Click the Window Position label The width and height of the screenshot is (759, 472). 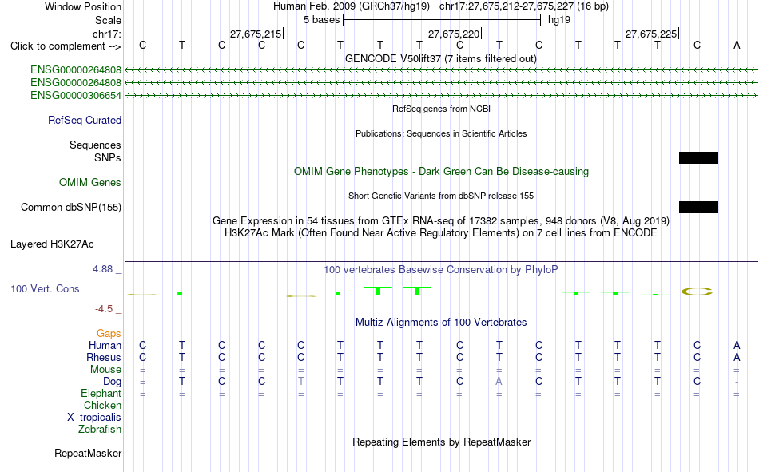tap(83, 6)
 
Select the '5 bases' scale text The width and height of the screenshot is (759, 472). tap(321, 20)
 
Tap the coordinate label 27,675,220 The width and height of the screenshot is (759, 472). tap(454, 34)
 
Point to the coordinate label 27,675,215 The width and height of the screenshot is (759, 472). tap(256, 34)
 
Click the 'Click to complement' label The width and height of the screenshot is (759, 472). tap(66, 46)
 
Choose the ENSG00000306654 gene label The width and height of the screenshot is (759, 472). tap(76, 95)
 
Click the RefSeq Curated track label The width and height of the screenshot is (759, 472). tap(85, 120)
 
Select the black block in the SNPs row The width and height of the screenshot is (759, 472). tap(698, 158)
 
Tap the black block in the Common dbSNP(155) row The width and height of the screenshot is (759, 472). tap(698, 207)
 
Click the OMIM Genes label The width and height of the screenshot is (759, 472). tap(90, 183)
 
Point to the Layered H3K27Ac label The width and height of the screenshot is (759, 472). tap(52, 244)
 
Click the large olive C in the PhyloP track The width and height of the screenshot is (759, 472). tap(697, 292)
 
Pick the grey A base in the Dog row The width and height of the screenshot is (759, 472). tap(499, 382)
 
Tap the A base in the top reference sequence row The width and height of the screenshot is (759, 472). tap(737, 45)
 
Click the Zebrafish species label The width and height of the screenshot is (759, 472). tap(100, 430)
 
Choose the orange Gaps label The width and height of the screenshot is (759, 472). tap(109, 334)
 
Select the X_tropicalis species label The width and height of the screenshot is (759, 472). tap(94, 418)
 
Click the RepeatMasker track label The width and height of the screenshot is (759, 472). tap(88, 454)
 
